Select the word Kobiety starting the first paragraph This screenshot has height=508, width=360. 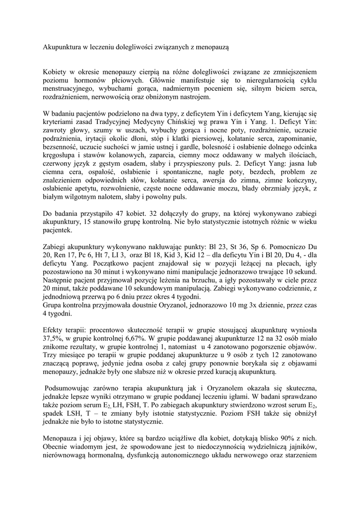pyautogui.click(x=56, y=72)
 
